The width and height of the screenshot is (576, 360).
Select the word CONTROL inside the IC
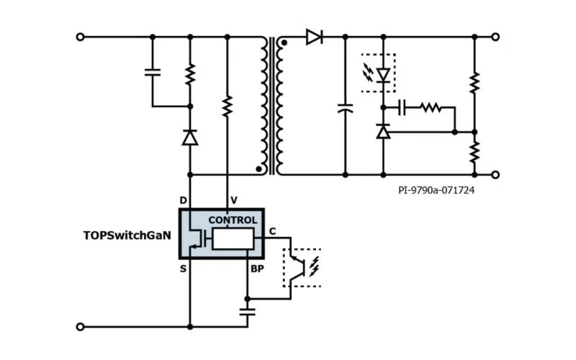coord(233,220)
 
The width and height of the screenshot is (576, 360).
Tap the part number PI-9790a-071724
coord(436,191)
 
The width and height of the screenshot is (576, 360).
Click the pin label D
coord(183,199)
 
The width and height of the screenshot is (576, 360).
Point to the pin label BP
coord(257,269)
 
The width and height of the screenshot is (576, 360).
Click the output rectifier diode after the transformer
coord(313,37)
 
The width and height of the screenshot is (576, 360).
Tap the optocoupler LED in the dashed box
coord(383,73)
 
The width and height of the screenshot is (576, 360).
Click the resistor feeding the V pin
coord(227,107)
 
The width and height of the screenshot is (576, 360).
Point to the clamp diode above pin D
coord(190,137)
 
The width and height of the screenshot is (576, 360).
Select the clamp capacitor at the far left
coord(153,71)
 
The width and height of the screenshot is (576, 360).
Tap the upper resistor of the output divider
coord(474,83)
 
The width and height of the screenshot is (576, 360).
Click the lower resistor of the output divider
coord(474,152)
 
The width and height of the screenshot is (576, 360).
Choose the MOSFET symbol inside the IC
coord(196,239)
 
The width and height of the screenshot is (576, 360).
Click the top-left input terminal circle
coord(80,37)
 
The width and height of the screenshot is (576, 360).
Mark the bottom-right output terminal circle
coord(495,174)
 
